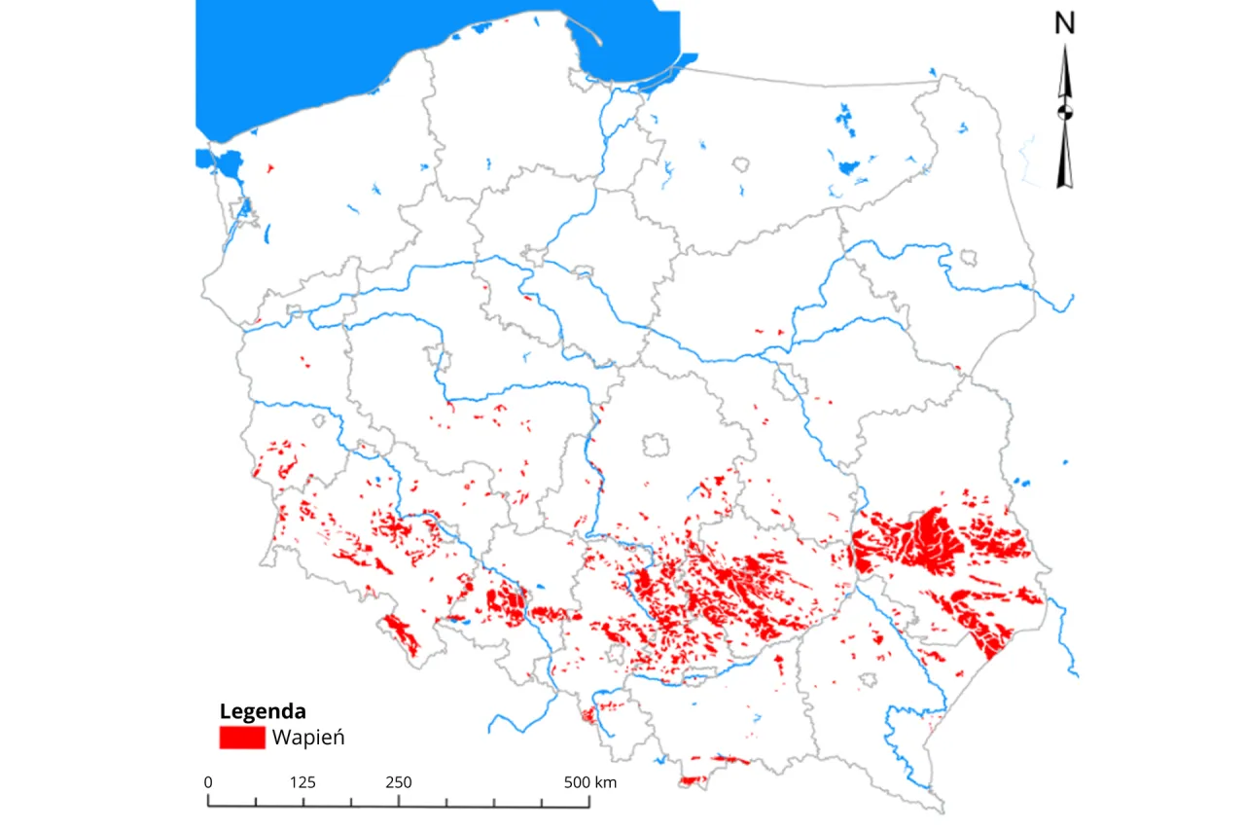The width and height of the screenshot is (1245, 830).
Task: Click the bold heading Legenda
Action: click(x=263, y=710)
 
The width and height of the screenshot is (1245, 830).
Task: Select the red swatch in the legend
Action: click(x=242, y=738)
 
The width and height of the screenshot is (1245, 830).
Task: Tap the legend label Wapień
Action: click(x=308, y=738)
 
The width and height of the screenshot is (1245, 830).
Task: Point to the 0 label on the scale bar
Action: click(x=208, y=782)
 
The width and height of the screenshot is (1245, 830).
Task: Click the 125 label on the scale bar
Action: click(x=302, y=782)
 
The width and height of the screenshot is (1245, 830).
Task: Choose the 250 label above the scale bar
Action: click(x=398, y=782)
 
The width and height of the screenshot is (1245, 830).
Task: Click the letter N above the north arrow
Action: click(x=1065, y=25)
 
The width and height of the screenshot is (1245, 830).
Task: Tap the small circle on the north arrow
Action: click(x=1065, y=111)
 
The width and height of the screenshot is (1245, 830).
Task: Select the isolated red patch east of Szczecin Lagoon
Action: click(x=269, y=168)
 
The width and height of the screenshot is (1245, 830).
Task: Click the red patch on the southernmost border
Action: click(x=694, y=779)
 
